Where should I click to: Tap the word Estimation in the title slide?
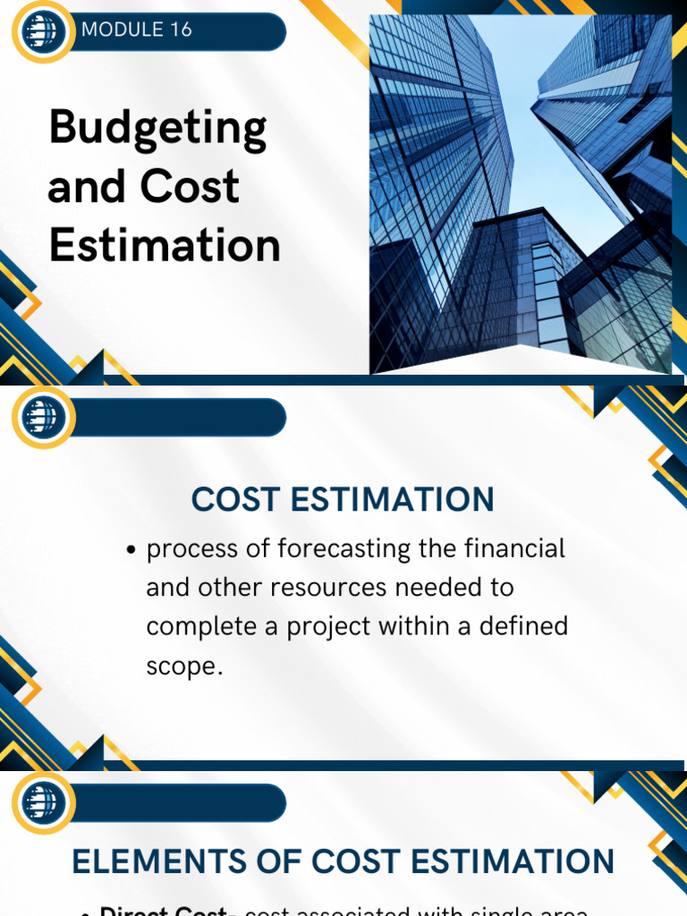165,245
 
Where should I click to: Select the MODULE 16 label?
136,30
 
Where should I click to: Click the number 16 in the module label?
180,30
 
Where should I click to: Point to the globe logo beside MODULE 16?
42,31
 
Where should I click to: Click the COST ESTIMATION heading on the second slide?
343,500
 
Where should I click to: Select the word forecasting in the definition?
345,549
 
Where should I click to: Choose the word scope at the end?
182,666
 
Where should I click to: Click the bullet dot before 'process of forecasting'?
133,550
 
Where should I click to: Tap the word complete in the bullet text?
200,627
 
